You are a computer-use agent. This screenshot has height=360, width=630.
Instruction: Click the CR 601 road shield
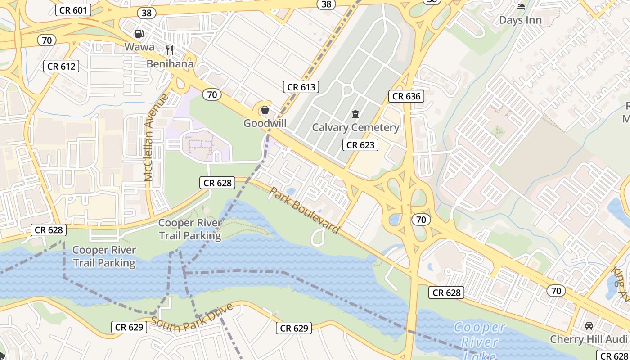pyautogui.click(x=73, y=10)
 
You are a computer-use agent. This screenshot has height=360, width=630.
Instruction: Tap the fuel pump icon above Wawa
pyautogui.click(x=139, y=34)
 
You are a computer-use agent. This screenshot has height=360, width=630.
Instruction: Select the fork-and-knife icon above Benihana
pyautogui.click(x=170, y=50)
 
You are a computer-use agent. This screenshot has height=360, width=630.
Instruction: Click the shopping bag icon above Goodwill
pyautogui.click(x=265, y=110)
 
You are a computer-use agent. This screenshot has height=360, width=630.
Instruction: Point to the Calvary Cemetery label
pyautogui.click(x=355, y=127)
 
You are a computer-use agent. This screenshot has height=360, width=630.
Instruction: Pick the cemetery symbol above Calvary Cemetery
pyautogui.click(x=355, y=114)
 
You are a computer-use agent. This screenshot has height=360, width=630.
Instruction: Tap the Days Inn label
pyautogui.click(x=520, y=20)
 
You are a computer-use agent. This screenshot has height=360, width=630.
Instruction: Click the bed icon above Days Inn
pyautogui.click(x=521, y=6)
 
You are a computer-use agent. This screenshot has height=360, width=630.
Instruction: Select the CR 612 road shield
pyautogui.click(x=62, y=67)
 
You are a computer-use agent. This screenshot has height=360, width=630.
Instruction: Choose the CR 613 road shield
pyautogui.click(x=301, y=87)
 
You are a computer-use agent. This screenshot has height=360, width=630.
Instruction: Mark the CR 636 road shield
pyautogui.click(x=406, y=96)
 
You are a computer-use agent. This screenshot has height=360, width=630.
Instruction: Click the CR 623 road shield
pyautogui.click(x=360, y=145)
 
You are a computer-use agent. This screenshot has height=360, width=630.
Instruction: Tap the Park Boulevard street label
pyautogui.click(x=304, y=210)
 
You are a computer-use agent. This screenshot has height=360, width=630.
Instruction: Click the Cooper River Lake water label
pyautogui.click(x=480, y=341)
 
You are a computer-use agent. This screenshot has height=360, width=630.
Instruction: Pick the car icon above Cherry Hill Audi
pyautogui.click(x=589, y=325)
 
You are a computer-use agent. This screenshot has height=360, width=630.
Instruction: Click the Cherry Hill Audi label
pyautogui.click(x=589, y=339)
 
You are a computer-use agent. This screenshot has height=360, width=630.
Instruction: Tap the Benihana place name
pyautogui.click(x=170, y=63)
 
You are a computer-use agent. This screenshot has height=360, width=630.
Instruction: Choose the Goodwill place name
pyautogui.click(x=265, y=123)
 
